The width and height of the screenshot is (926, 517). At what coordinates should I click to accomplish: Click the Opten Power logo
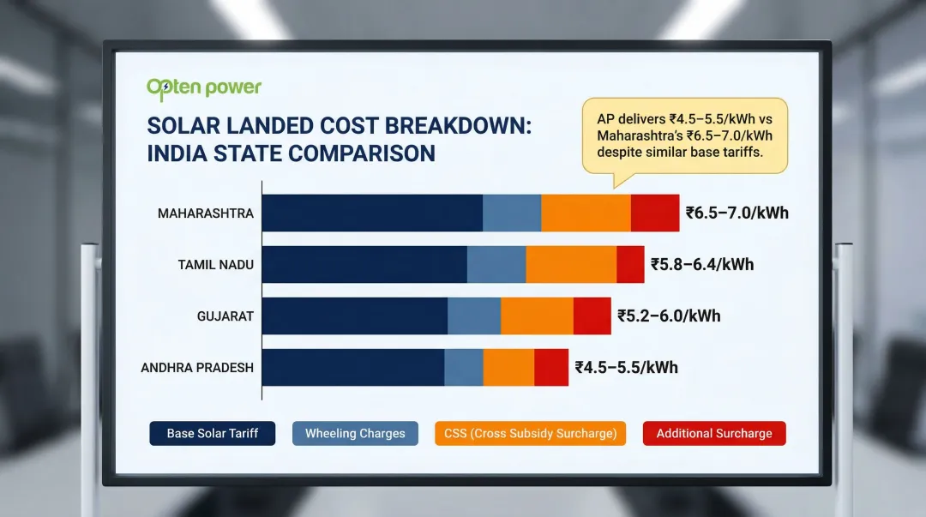(x=204, y=87)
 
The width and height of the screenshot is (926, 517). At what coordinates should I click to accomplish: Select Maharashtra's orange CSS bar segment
(x=586, y=213)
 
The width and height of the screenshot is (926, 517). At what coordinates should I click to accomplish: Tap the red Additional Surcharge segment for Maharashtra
(x=655, y=213)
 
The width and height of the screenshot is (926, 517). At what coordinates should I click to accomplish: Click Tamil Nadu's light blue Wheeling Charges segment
(x=496, y=264)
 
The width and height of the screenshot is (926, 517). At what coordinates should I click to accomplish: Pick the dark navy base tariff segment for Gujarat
(x=354, y=316)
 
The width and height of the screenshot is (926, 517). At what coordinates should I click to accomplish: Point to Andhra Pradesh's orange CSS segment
(x=508, y=367)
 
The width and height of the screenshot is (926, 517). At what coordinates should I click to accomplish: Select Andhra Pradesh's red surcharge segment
(x=551, y=367)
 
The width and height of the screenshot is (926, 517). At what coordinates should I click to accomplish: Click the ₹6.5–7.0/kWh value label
(x=737, y=213)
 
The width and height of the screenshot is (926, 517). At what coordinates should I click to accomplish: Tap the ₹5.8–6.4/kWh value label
(x=702, y=264)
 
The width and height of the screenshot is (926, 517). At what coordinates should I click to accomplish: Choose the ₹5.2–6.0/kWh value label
(x=669, y=316)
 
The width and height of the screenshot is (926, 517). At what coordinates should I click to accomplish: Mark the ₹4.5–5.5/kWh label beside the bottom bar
(x=626, y=367)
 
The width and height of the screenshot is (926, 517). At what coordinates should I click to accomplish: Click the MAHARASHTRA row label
(x=206, y=213)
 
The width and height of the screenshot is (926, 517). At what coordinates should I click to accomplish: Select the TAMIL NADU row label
(x=215, y=264)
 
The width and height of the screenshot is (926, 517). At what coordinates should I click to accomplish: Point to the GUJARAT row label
(x=225, y=316)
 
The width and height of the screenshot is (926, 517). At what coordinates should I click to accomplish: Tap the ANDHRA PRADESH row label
(x=197, y=367)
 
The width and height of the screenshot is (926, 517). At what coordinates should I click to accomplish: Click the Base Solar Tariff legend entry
(x=213, y=433)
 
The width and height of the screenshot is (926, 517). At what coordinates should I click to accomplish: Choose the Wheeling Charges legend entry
(x=355, y=433)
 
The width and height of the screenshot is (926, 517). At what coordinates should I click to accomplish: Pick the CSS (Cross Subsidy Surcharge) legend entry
(x=531, y=433)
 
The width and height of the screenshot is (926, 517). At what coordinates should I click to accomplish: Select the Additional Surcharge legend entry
(x=714, y=433)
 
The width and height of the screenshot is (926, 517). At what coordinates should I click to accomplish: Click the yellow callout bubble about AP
(x=684, y=136)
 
